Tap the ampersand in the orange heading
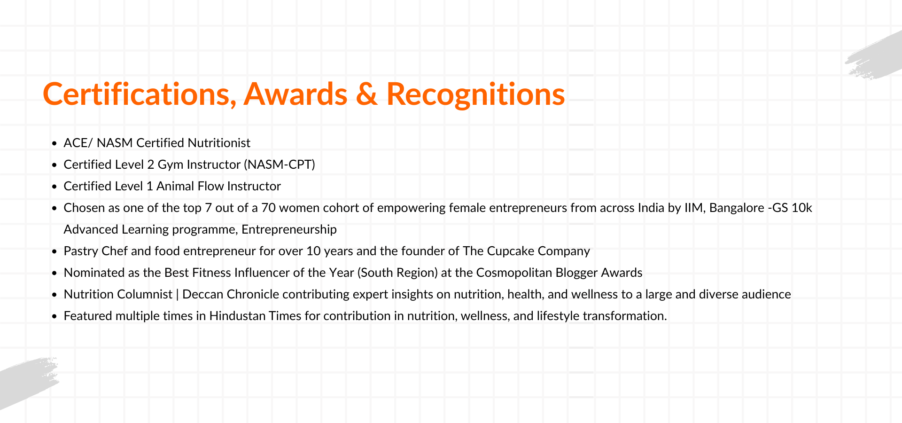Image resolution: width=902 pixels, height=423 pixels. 367,94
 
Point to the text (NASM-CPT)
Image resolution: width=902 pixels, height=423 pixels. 280,164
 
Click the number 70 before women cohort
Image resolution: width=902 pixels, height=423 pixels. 268,208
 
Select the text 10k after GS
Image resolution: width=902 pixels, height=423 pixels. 802,208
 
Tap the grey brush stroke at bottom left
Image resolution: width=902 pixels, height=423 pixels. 26,382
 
